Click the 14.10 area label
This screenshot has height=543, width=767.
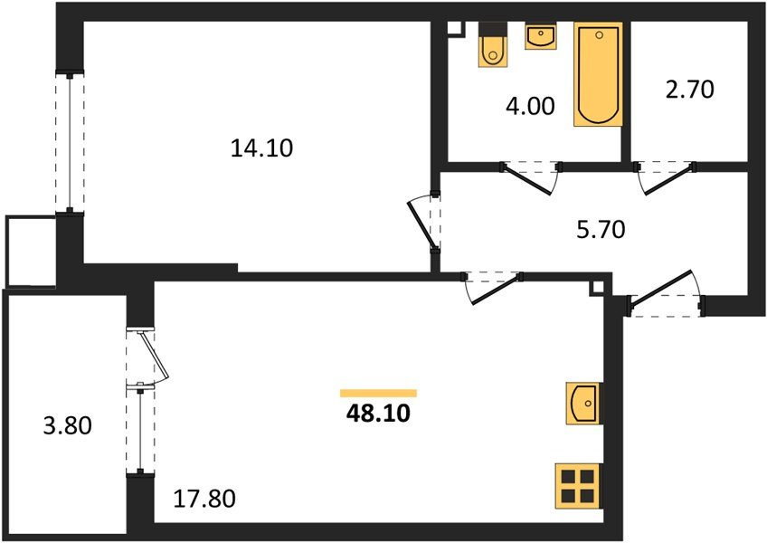pos(261,148)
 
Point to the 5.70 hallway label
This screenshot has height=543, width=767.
pos(600,230)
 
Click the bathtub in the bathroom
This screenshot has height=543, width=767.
pos(598,74)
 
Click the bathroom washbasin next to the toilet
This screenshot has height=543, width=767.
pos(540,38)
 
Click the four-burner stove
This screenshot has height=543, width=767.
pos(577,487)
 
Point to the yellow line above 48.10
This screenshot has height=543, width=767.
pos(378,393)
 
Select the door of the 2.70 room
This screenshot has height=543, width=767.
pos(665,178)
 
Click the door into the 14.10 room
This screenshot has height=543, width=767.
pos(423,223)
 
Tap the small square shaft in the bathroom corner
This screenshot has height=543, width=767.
pos(456,27)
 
